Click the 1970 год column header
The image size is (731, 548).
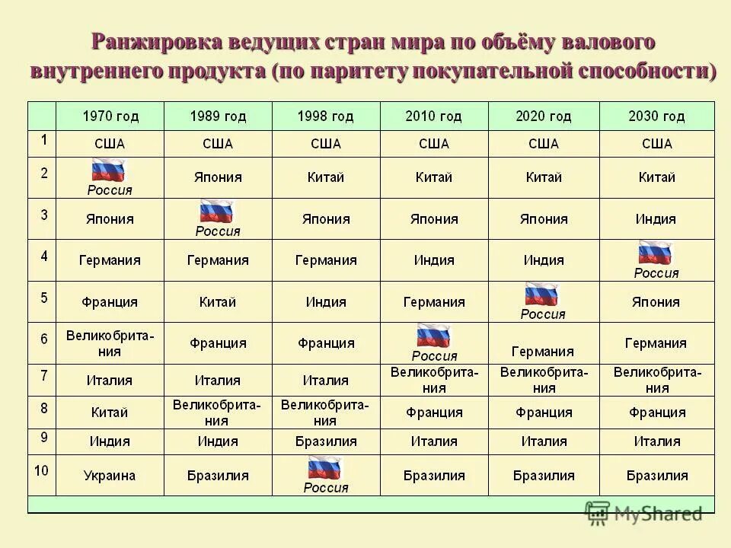coord(110,116)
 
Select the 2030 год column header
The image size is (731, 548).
coord(656,116)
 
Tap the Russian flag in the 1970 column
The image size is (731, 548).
coord(108,170)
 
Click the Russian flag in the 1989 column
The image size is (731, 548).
coord(217,212)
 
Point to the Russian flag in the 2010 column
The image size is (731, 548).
coord(433,336)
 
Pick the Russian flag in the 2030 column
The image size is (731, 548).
coord(656,253)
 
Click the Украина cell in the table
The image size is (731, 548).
coord(110,476)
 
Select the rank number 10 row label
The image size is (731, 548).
coord(41,471)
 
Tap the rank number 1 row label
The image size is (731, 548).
coord(43,140)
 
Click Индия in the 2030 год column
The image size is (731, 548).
coord(656,219)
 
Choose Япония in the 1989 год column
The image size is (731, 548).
coord(218,177)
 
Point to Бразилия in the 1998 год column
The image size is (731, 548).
coord(325,441)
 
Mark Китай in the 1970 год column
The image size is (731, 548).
coord(110,413)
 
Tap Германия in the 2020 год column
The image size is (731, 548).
coord(542,352)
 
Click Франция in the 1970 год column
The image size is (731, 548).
coord(110,302)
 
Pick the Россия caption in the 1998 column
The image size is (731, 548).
coord(326,488)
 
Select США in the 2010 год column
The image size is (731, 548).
coord(434,144)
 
